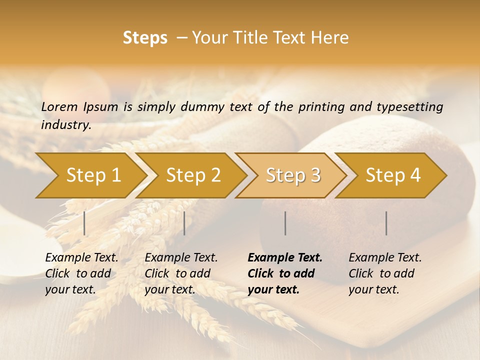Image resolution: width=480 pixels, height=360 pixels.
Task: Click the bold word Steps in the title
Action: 145,38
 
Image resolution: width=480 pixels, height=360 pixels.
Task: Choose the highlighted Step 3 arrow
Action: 293,175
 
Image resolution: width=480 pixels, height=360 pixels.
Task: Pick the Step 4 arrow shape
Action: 393,175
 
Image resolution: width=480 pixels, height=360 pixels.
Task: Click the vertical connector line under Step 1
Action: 84,223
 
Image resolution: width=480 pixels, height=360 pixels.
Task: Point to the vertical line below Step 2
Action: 184,223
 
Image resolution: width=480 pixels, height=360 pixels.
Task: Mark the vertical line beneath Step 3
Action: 285,223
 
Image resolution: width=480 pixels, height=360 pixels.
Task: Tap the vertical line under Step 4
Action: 386,223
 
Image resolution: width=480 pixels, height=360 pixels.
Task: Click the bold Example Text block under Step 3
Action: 285,273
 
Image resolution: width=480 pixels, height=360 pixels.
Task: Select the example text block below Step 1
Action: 81,273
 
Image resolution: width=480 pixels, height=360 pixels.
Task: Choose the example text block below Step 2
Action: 181,273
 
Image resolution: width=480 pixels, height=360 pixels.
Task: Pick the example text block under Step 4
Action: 385,273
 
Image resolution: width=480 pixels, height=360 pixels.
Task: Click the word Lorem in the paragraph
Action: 59,107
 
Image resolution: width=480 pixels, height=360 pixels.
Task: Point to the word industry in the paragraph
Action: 65,125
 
